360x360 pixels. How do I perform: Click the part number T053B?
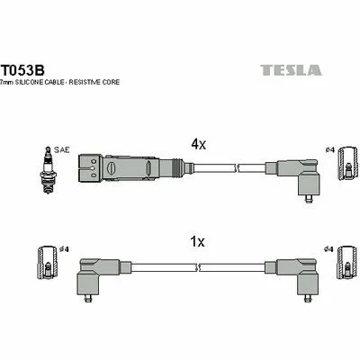pyautogui.click(x=23, y=70)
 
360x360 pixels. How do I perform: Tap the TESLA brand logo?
pyautogui.click(x=291, y=70)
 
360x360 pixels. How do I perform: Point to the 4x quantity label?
pyautogui.click(x=199, y=145)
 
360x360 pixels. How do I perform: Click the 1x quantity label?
pyautogui.click(x=197, y=241)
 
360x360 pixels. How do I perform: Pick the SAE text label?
pyautogui.click(x=62, y=149)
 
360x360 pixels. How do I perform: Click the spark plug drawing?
pyautogui.click(x=48, y=170)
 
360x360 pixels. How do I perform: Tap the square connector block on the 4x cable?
pyautogui.click(x=90, y=167)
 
